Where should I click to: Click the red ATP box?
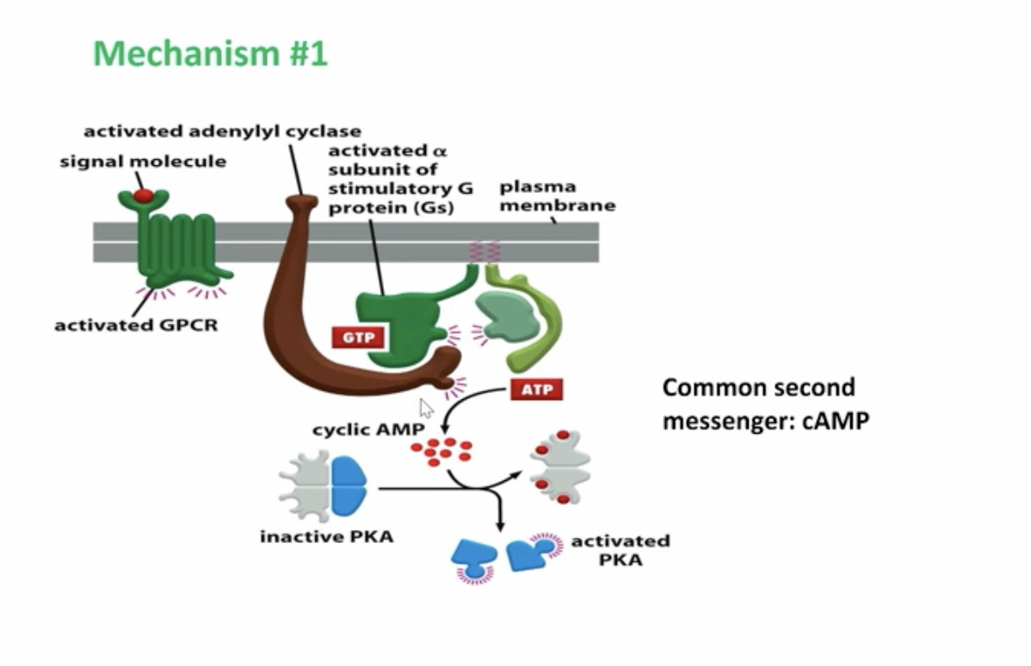536,390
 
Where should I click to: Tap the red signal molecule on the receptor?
144,196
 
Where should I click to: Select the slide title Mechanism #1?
210,53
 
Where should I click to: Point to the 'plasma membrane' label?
557,196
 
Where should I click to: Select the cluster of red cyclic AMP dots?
441,450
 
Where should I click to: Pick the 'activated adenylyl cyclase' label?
222,132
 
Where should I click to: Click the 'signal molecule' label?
143,162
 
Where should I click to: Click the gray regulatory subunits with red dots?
559,467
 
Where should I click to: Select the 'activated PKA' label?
620,550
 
